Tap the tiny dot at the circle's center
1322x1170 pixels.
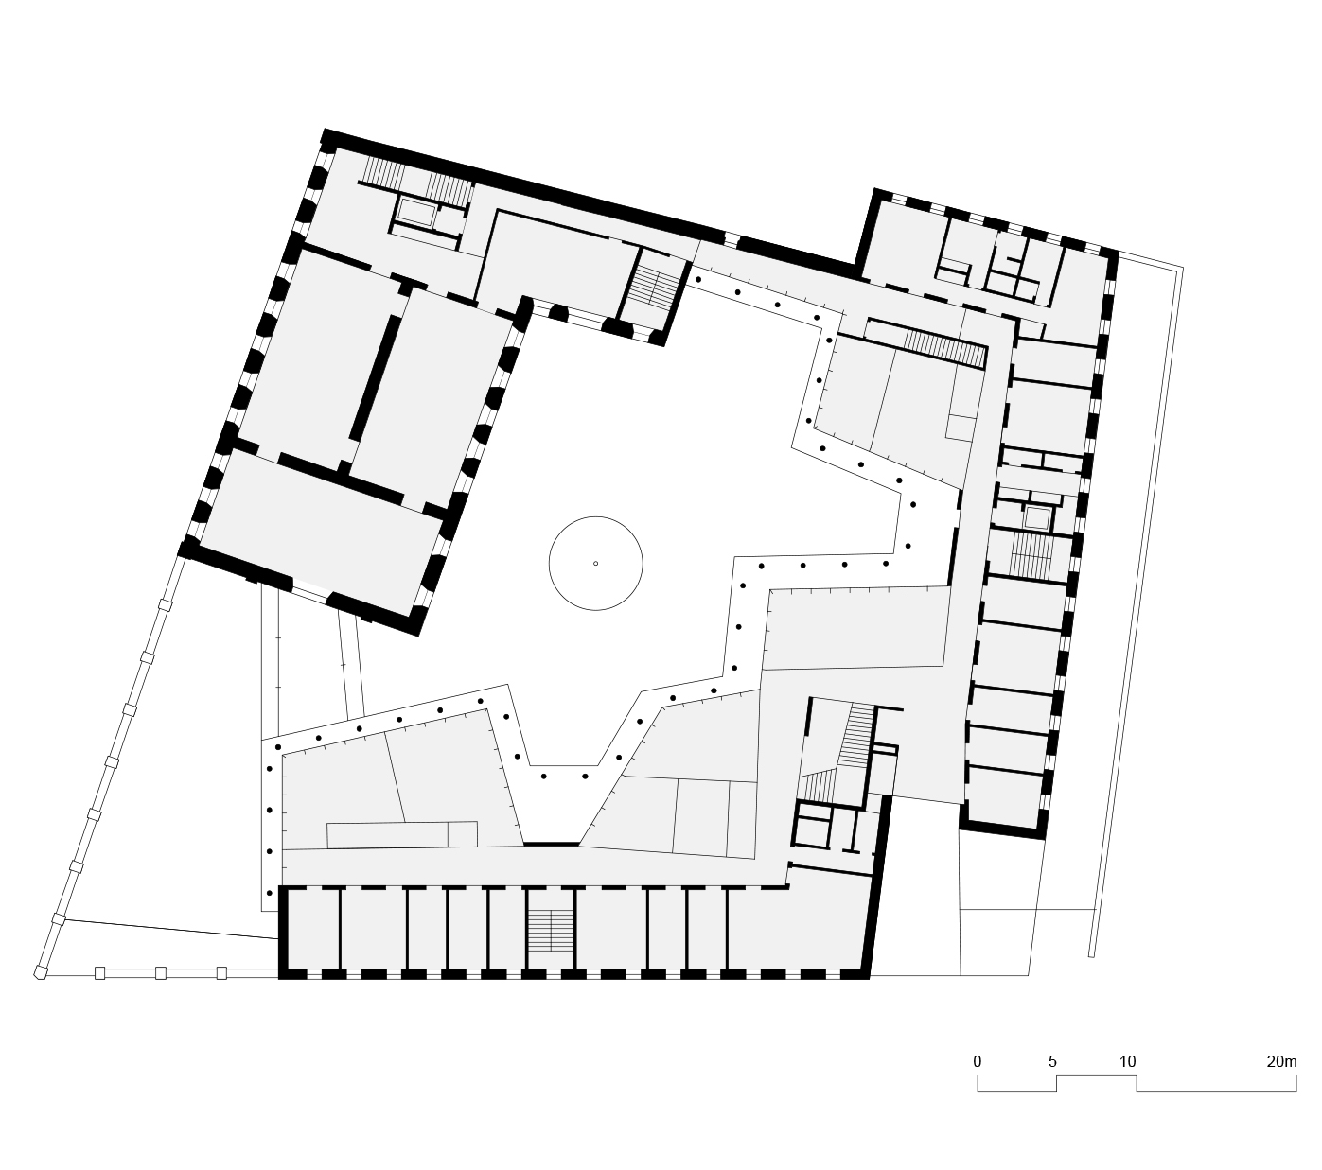(595, 564)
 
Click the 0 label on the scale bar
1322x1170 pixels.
(978, 1061)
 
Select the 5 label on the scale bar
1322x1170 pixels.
(1052, 1061)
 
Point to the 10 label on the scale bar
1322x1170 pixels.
(1127, 1061)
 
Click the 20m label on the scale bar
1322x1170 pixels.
(1281, 1061)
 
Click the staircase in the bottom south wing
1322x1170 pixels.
(550, 931)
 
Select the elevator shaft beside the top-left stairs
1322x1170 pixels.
(416, 213)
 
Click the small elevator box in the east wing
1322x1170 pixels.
(1037, 517)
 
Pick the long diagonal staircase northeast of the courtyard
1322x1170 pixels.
(943, 347)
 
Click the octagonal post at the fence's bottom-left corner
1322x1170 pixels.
(39, 971)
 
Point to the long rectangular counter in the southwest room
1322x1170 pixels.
(402, 834)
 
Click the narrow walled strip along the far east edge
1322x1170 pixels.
(1136, 605)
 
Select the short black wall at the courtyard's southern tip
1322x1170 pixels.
(551, 842)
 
